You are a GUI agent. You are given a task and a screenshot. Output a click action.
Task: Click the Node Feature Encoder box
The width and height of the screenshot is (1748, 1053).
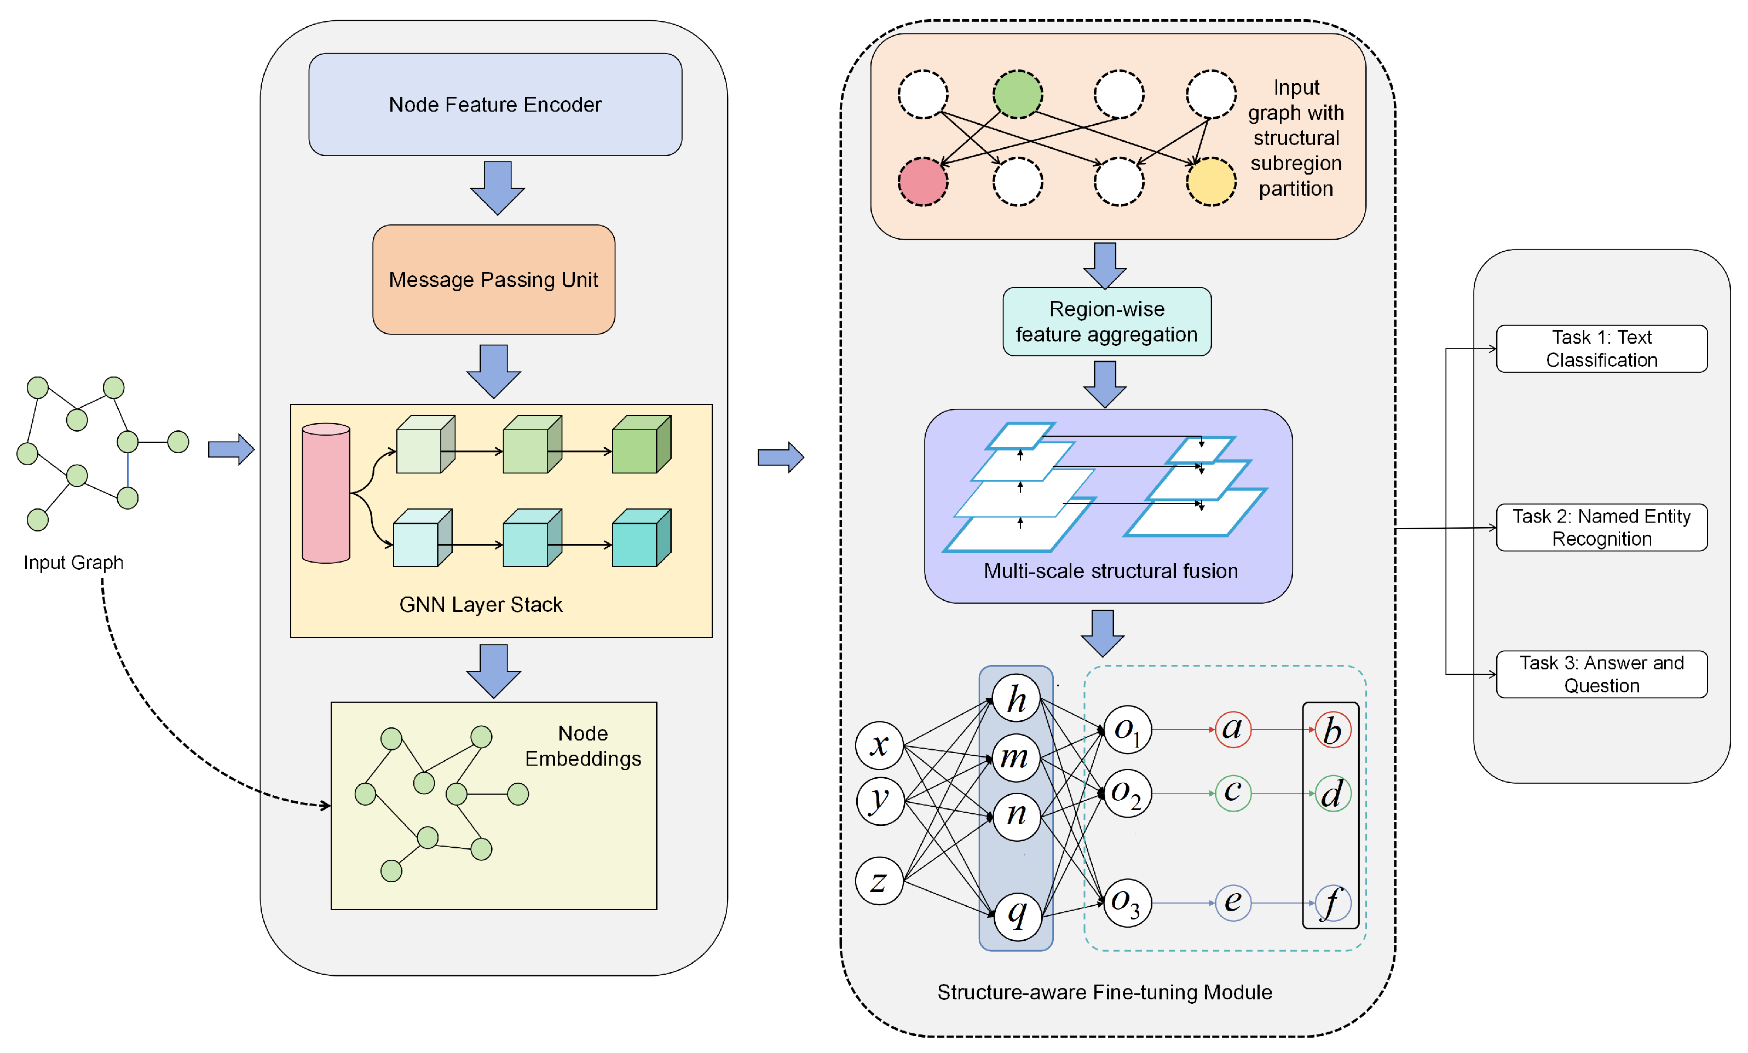pyautogui.click(x=495, y=104)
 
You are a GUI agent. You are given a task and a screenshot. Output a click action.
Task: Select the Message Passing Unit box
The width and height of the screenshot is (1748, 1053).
pyautogui.click(x=494, y=279)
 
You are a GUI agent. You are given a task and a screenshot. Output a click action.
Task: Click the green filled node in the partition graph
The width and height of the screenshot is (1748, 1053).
pyautogui.click(x=1017, y=94)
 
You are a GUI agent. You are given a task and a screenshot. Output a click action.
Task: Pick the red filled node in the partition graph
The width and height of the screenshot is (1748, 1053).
pyautogui.click(x=923, y=182)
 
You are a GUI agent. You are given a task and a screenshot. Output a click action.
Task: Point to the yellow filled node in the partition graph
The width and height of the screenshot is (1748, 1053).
pyautogui.click(x=1211, y=182)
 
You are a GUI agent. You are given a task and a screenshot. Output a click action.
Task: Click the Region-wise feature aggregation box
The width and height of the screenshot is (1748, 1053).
pyautogui.click(x=1107, y=321)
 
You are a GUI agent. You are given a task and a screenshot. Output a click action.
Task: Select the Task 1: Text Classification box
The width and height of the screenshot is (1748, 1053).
pyautogui.click(x=1601, y=348)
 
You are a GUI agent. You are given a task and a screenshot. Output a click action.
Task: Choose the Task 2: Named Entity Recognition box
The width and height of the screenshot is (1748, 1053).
pyautogui.click(x=1601, y=527)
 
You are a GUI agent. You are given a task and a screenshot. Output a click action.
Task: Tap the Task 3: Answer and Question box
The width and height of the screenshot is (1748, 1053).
pyautogui.click(x=1601, y=674)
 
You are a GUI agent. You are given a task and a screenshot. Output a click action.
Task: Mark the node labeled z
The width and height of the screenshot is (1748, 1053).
pyautogui.click(x=879, y=881)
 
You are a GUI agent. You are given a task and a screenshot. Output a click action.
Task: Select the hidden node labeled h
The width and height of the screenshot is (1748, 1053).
pyautogui.click(x=1016, y=699)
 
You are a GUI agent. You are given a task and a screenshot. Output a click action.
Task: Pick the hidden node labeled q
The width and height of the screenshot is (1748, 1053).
pyautogui.click(x=1017, y=915)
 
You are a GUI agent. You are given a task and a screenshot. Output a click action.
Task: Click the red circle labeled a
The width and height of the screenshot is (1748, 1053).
pyautogui.click(x=1232, y=729)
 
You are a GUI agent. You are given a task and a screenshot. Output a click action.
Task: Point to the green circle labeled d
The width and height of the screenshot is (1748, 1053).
pyautogui.click(x=1332, y=794)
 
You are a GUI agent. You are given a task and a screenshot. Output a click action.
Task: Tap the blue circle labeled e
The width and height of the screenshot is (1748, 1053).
pyautogui.click(x=1232, y=902)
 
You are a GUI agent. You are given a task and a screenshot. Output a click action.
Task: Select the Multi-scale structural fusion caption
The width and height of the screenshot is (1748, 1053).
pyautogui.click(x=1110, y=571)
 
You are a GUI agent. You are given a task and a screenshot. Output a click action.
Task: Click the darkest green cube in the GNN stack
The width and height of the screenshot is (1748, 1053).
pyautogui.click(x=641, y=444)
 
